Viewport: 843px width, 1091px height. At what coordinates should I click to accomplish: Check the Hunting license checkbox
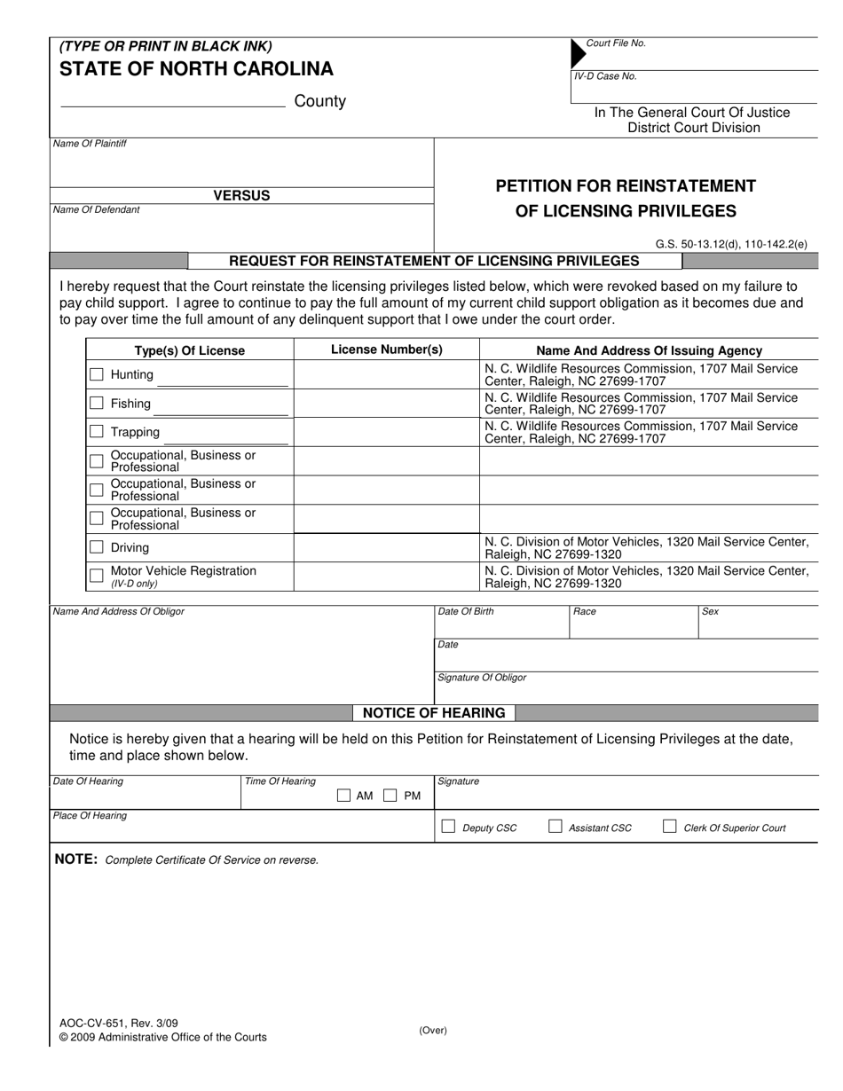pos(97,374)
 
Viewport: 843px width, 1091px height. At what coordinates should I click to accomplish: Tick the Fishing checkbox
pos(97,404)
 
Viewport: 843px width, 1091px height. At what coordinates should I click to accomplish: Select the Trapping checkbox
pos(97,432)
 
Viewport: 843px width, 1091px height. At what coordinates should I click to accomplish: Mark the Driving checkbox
pos(97,547)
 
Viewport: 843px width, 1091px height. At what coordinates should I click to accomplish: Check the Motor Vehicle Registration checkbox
pos(97,576)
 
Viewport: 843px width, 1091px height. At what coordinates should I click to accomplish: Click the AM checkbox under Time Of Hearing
pos(344,796)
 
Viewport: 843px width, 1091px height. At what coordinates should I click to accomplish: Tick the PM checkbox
pos(390,796)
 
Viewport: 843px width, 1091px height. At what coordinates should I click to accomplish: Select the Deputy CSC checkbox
pos(449,827)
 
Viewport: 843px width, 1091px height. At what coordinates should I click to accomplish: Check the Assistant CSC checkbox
pos(555,827)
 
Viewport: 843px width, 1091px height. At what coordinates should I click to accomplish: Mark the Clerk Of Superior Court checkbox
pos(670,827)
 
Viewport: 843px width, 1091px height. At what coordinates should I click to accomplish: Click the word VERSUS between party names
pos(241,196)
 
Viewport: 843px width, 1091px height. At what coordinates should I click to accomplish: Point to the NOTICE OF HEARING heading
pos(434,713)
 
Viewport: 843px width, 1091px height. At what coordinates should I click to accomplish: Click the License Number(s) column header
pos(386,349)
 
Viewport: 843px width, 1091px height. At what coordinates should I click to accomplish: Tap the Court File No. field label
pos(616,43)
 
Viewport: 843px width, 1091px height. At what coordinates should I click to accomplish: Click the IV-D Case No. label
pos(605,76)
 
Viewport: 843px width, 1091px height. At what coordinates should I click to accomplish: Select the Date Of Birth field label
pos(466,612)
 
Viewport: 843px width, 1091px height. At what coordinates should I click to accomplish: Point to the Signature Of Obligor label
pos(482,678)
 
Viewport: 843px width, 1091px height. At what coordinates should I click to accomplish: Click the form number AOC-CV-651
pos(98,1023)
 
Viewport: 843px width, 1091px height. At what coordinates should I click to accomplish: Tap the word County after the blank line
pos(319,101)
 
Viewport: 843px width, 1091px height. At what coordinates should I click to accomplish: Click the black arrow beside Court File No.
pos(578,53)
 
